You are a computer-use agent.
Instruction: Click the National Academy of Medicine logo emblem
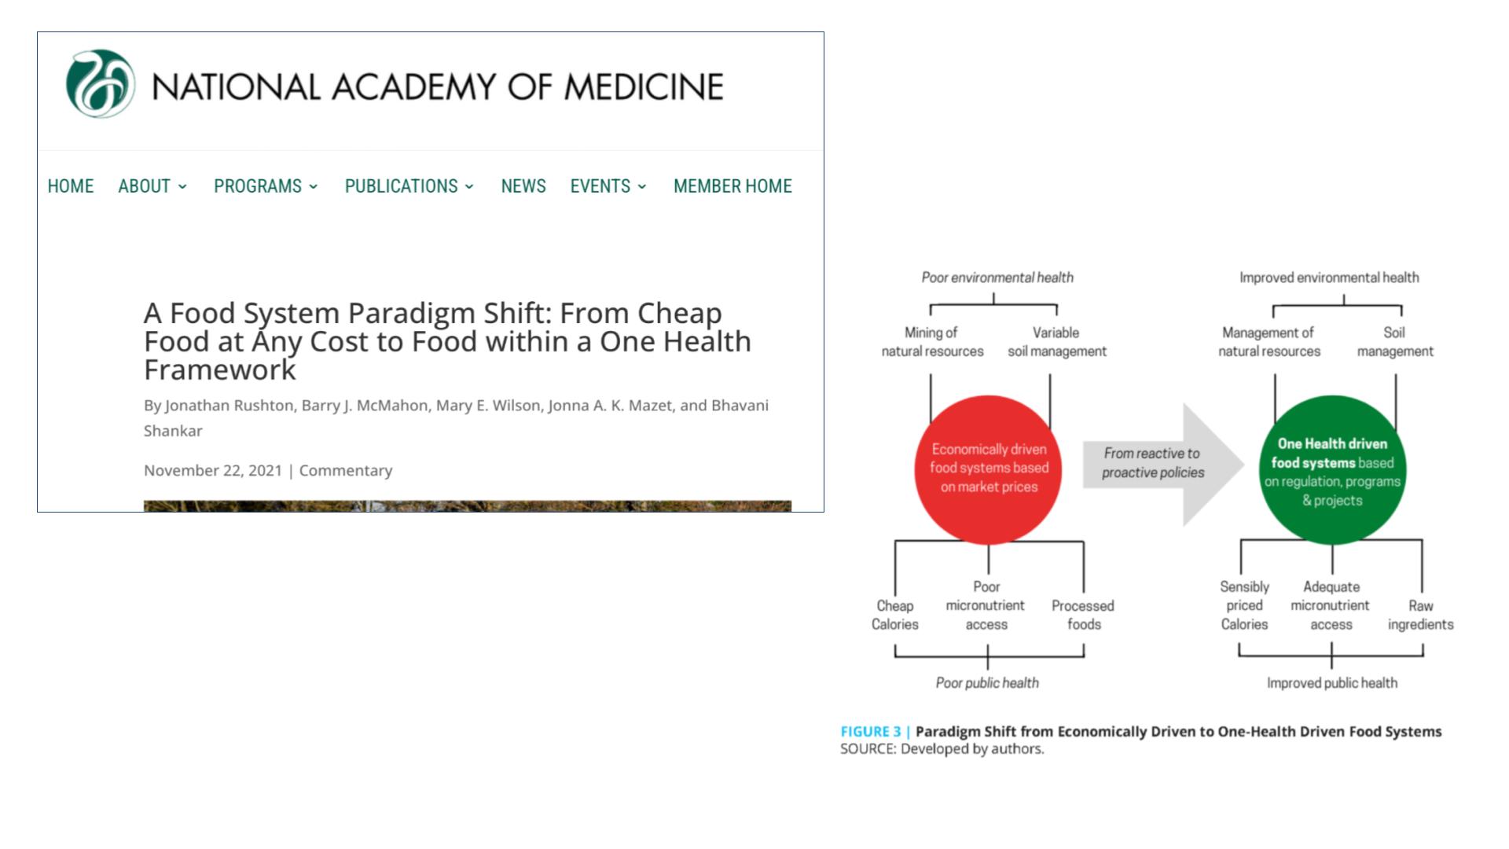pyautogui.click(x=100, y=84)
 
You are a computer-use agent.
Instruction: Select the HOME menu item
pyautogui.click(x=71, y=186)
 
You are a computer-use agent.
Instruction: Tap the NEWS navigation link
pyautogui.click(x=523, y=186)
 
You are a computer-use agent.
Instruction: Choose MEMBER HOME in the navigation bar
pyautogui.click(x=732, y=186)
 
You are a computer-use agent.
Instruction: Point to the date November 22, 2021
pyautogui.click(x=212, y=470)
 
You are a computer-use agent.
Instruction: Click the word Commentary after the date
pyautogui.click(x=346, y=470)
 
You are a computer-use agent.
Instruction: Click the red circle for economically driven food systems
pyautogui.click(x=988, y=469)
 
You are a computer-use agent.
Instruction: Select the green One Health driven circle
pyautogui.click(x=1332, y=470)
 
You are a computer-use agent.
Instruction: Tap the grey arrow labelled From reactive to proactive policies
pyautogui.click(x=1159, y=464)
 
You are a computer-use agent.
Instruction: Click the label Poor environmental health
pyautogui.click(x=997, y=277)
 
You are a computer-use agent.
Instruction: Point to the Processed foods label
pyautogui.click(x=1083, y=615)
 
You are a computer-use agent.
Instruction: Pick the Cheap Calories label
pyautogui.click(x=894, y=615)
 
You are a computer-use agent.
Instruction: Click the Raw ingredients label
pyautogui.click(x=1420, y=615)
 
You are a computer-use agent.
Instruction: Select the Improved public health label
pyautogui.click(x=1332, y=683)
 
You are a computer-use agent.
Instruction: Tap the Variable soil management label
pyautogui.click(x=1056, y=342)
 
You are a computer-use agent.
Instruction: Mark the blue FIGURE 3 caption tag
pyautogui.click(x=871, y=732)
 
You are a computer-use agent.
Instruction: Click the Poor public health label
pyautogui.click(x=987, y=683)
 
